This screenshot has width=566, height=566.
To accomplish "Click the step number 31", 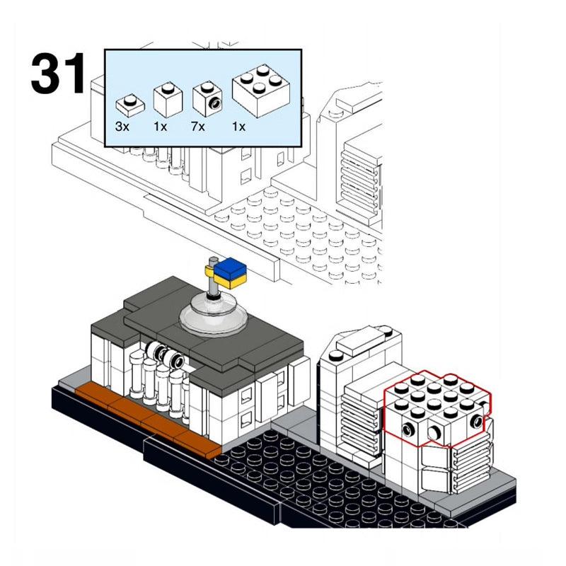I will coord(58,74).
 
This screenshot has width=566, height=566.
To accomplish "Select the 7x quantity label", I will coord(199,127).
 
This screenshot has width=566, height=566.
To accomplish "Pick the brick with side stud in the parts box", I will coord(207,99).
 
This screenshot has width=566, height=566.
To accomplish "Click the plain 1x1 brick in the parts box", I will coord(168,99).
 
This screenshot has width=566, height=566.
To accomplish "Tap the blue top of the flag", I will coord(231,268).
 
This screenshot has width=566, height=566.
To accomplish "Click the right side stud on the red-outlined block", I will coord(480,422).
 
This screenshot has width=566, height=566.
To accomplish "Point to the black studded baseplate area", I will coord(318,488).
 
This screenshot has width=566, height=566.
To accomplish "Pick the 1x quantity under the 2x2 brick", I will coord(239,127).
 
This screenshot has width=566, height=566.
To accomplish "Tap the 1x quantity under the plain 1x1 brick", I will coord(161,127).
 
